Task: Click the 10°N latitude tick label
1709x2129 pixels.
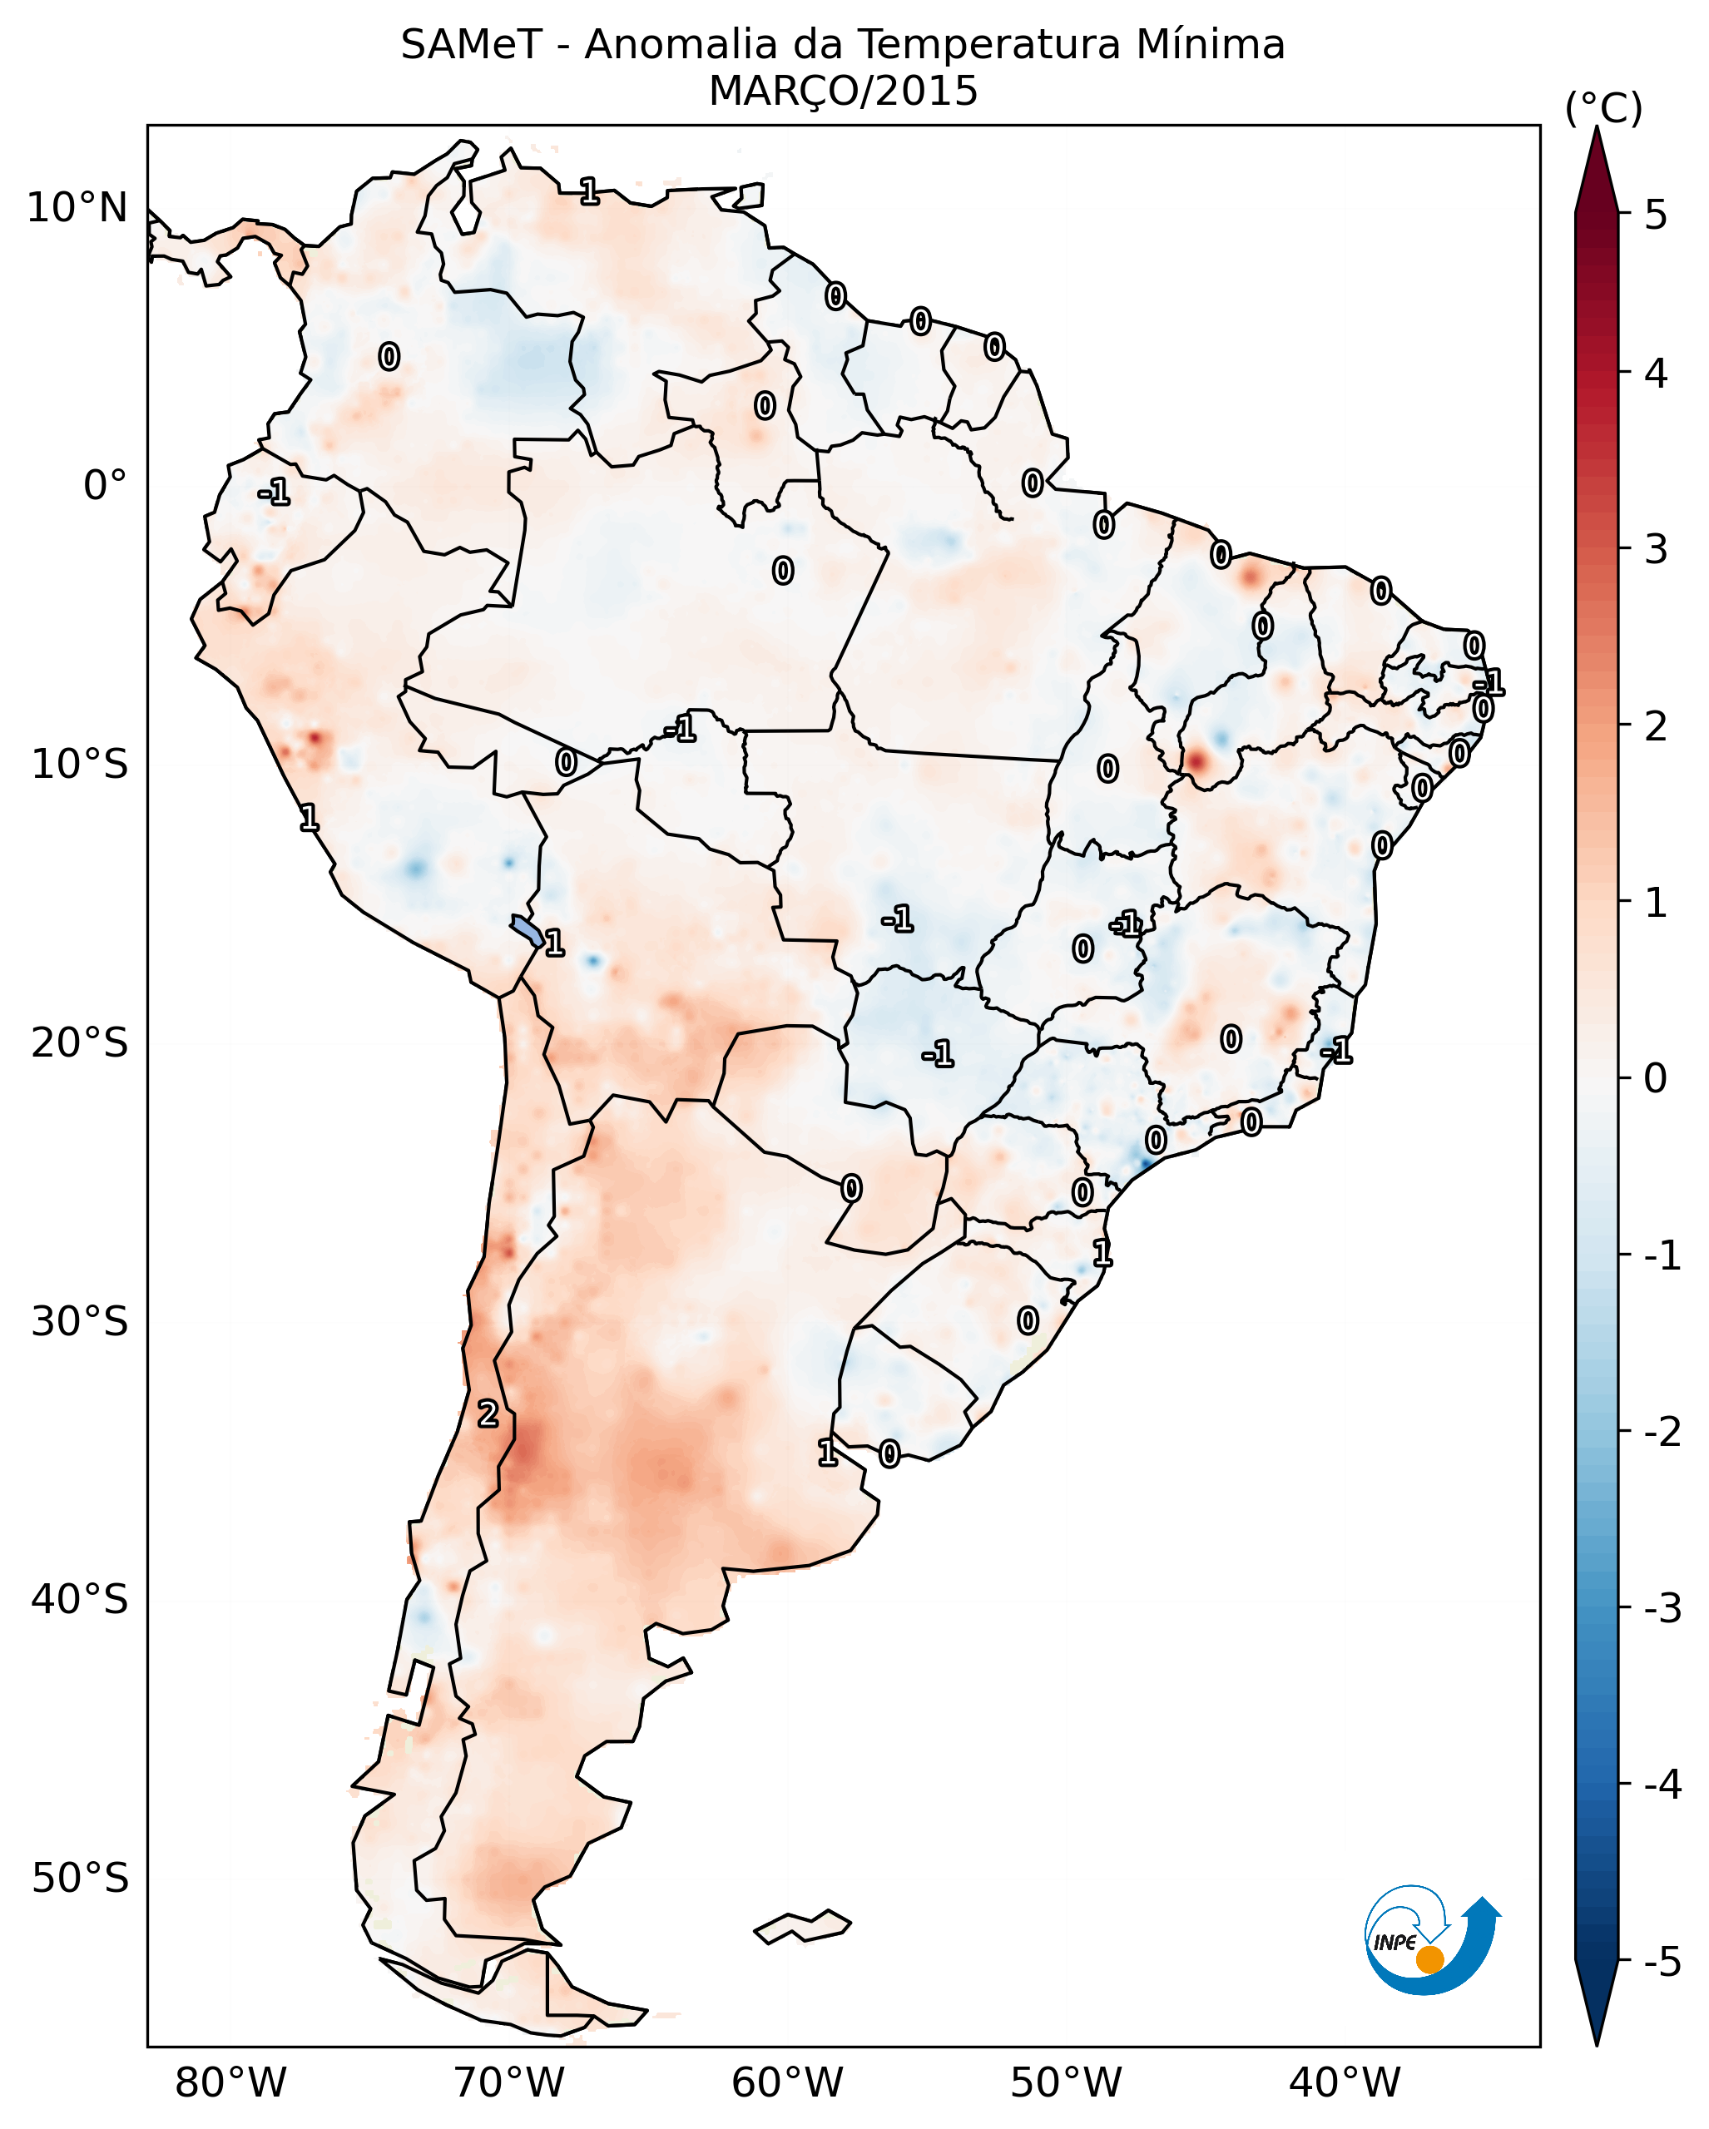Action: pyautogui.click(x=77, y=208)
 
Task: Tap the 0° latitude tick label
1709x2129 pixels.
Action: pyautogui.click(x=106, y=486)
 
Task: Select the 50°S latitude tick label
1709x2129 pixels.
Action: pyautogui.click(x=79, y=1879)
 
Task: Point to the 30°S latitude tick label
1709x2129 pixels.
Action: pyautogui.click(x=79, y=1321)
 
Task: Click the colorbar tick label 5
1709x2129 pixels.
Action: pyautogui.click(x=1656, y=215)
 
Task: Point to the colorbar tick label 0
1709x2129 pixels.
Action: pyautogui.click(x=1656, y=1078)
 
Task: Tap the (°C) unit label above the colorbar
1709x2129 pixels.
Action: pyautogui.click(x=1603, y=109)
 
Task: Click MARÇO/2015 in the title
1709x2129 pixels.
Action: pyautogui.click(x=843, y=92)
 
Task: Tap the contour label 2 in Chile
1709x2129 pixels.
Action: pyautogui.click(x=488, y=1414)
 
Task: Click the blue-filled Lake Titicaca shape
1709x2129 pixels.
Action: pyautogui.click(x=526, y=929)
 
